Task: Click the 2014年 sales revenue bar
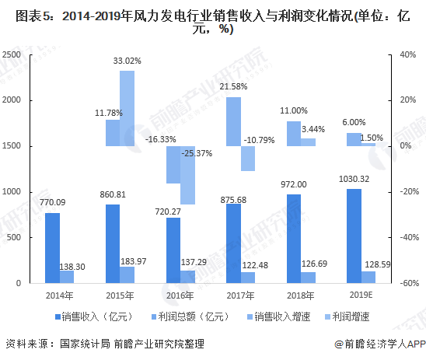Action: pyautogui.click(x=52, y=248)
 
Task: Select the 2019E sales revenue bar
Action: pyautogui.click(x=354, y=236)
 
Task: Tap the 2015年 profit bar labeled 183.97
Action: pyautogui.click(x=127, y=274)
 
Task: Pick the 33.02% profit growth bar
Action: pyautogui.click(x=127, y=108)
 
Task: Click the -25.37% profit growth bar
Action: pyautogui.click(x=187, y=175)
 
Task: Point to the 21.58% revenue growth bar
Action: pyautogui.click(x=234, y=122)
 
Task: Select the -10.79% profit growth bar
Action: pyautogui.click(x=248, y=159)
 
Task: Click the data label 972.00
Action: pyautogui.click(x=294, y=184)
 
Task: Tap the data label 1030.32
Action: pyautogui.click(x=354, y=179)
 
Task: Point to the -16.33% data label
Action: pyautogui.click(x=161, y=139)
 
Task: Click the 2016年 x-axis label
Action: pyautogui.click(x=180, y=295)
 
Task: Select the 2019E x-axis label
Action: pyautogui.click(x=361, y=295)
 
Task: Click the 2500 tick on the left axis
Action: pyautogui.click(x=12, y=54)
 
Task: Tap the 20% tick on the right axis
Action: pyautogui.click(x=408, y=100)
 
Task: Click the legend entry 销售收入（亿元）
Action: pyautogui.click(x=94, y=316)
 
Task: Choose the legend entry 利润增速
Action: pyautogui.click(x=347, y=316)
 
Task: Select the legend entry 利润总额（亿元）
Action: pyautogui.click(x=190, y=316)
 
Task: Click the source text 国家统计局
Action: pyautogui.click(x=85, y=344)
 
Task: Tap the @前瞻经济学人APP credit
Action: pyautogui.click(x=380, y=344)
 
